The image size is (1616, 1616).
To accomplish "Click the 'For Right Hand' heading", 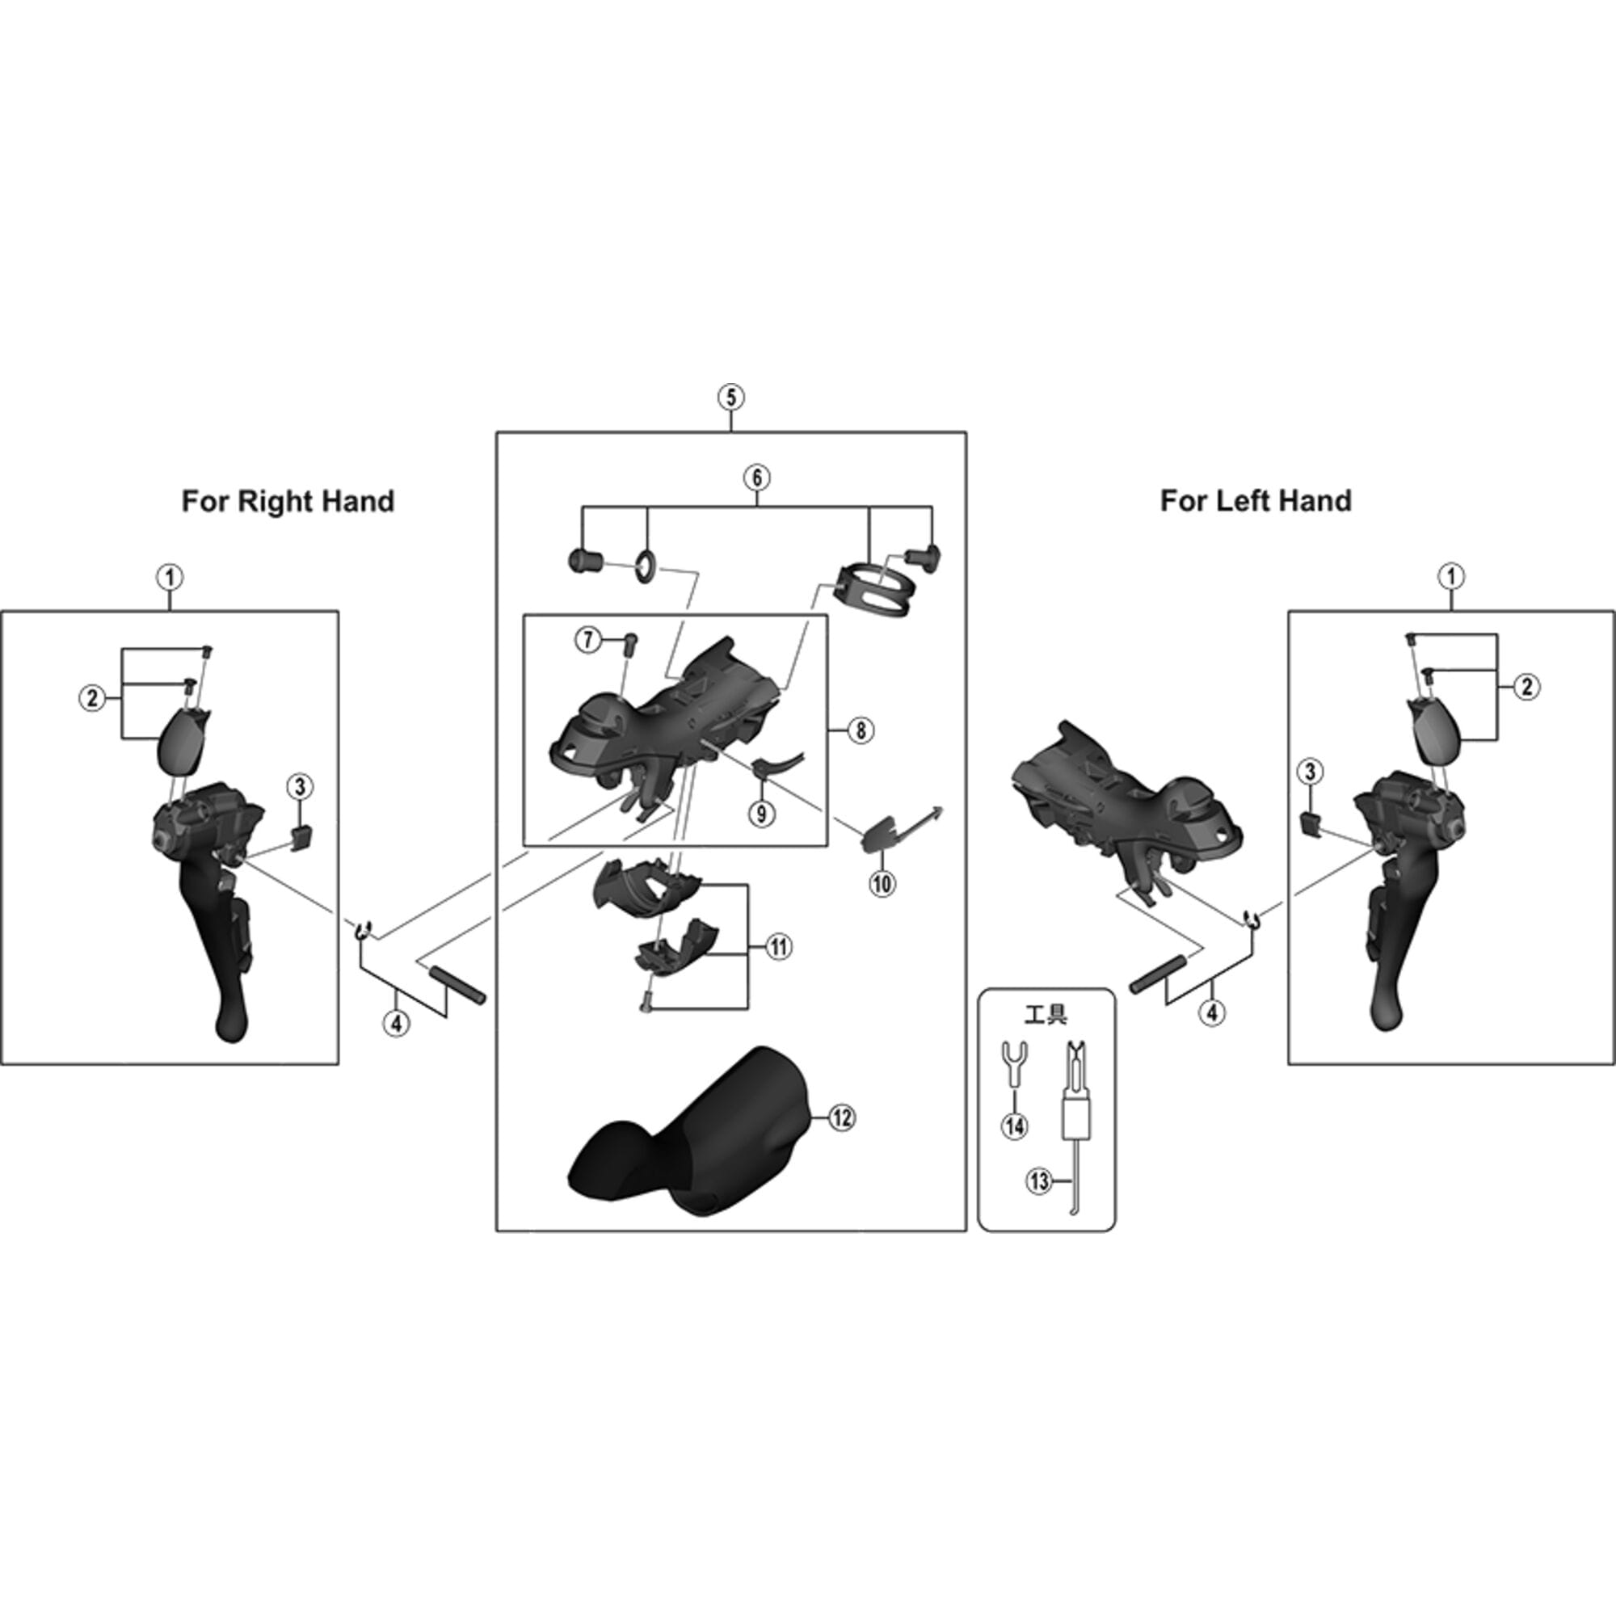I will click(x=288, y=501).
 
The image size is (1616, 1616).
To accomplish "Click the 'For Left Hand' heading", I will click(x=1255, y=501).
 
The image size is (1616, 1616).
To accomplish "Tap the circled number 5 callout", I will click(x=730, y=397).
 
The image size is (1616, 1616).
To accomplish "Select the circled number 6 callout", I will click(x=756, y=478).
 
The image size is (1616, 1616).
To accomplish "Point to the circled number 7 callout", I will click(x=587, y=640).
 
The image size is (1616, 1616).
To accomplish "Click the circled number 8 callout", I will click(x=860, y=730).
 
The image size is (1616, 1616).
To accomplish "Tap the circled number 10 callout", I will click(x=882, y=883).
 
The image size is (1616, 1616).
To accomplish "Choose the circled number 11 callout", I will click(x=779, y=947).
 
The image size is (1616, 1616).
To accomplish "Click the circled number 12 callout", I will click(x=841, y=1117).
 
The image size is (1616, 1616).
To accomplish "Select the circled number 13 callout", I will click(x=1040, y=1181).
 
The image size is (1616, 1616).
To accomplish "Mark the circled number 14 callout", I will click(x=1015, y=1126).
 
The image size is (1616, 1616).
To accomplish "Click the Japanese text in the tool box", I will click(x=1046, y=1016).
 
